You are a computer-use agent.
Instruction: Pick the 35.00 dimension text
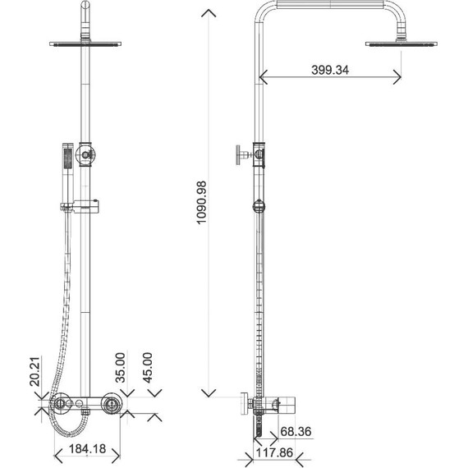[120, 367]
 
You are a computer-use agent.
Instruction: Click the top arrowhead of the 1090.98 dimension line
[211, 12]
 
